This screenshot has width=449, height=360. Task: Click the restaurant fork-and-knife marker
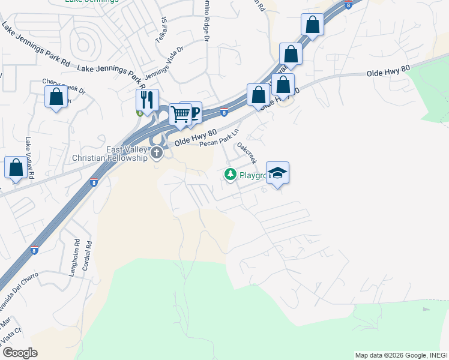(147, 100)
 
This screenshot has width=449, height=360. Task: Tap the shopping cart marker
(179, 113)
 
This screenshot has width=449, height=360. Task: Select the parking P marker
(193, 112)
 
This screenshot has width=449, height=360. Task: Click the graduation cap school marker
(277, 173)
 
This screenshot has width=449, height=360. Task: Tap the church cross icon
(157, 152)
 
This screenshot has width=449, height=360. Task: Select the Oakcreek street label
(247, 153)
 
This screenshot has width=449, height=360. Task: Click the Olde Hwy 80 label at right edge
(388, 71)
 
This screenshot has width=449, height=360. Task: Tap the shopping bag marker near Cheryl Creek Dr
(56, 97)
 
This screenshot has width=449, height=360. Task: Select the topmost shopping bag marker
(312, 25)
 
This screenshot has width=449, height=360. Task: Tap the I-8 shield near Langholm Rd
(34, 250)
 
